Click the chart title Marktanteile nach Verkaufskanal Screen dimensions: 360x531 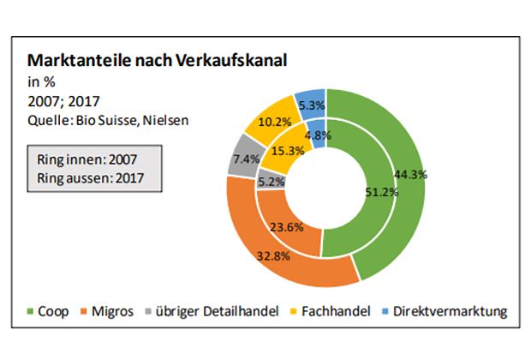[157, 62]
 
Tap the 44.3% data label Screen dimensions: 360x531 [411, 174]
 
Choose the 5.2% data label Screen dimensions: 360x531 [271, 182]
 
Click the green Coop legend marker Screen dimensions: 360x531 [30, 310]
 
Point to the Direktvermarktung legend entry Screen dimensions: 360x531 [443, 310]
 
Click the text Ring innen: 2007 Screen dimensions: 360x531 [87, 159]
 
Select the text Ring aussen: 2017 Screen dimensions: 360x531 [89, 177]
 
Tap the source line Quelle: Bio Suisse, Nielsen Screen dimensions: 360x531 [108, 120]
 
